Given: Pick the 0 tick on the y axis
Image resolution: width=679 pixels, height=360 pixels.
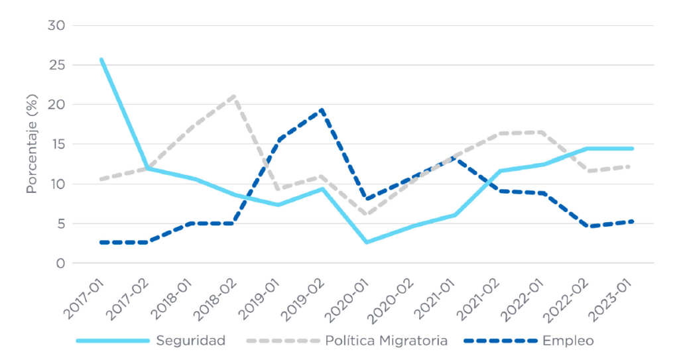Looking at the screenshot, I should coord(60,263).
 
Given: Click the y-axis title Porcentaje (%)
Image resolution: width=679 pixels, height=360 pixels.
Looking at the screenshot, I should coord(31,144).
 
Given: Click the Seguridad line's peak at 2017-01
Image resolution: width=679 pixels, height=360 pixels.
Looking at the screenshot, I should coord(101,60).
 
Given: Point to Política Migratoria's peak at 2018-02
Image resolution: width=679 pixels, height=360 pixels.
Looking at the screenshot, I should coord(233,96).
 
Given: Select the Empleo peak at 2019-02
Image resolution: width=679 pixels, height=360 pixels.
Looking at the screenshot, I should coord(322,110).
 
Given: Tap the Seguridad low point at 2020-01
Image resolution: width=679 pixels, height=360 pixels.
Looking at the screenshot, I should coord(367,243).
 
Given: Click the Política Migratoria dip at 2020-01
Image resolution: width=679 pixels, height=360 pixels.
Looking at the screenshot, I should coord(367,214).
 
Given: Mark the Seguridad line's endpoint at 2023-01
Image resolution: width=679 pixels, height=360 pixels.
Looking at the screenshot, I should coord(633,149).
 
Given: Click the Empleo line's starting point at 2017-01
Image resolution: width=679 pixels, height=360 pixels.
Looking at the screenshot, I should coord(101,243).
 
